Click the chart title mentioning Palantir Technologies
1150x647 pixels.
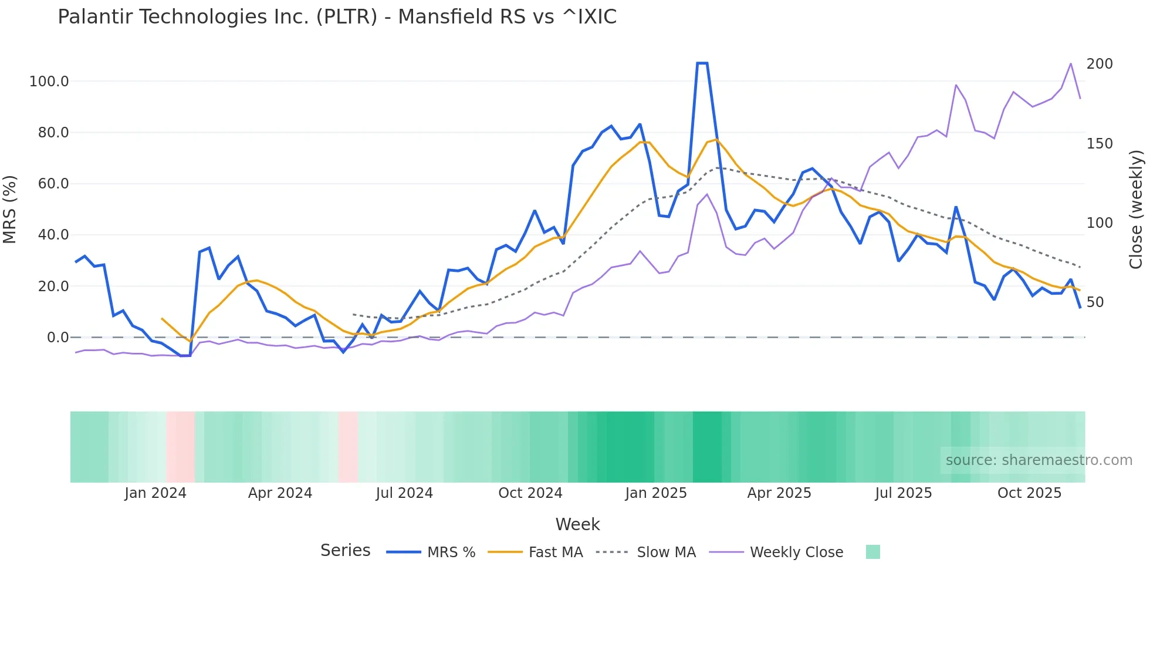click(x=337, y=17)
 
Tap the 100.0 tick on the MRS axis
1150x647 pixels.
click(x=49, y=82)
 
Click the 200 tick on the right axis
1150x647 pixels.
click(x=1099, y=64)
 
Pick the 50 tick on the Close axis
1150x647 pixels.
click(x=1095, y=302)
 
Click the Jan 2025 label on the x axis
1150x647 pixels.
click(x=655, y=493)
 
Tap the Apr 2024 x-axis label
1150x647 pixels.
click(x=280, y=493)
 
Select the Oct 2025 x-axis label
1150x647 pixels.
click(x=1029, y=493)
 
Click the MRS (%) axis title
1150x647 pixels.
click(x=10, y=209)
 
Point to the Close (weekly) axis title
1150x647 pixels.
click(x=1136, y=209)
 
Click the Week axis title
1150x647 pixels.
click(x=577, y=524)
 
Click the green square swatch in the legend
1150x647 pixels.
click(x=872, y=552)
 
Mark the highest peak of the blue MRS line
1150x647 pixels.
click(x=702, y=63)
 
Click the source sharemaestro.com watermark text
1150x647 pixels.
click(x=1039, y=460)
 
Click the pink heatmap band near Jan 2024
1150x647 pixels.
click(x=180, y=447)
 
